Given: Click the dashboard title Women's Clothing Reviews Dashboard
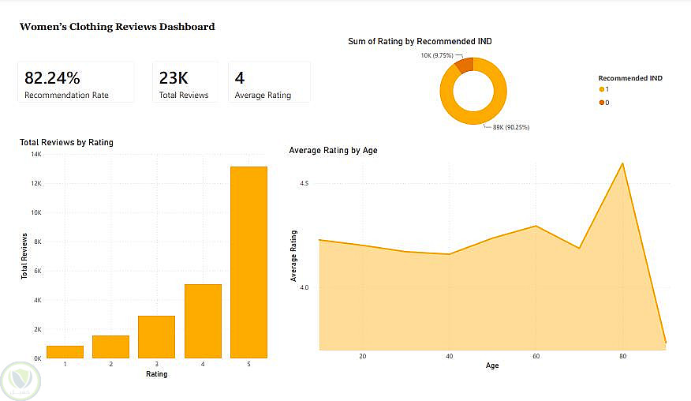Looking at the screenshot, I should [117, 27].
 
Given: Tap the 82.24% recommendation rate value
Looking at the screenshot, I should [52, 77].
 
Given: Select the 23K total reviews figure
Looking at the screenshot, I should [174, 77].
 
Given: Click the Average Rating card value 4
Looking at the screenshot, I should [239, 77].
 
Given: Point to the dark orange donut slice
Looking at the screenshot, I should [465, 65].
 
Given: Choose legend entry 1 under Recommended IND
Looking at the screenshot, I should [603, 90].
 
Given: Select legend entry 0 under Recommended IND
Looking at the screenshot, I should [603, 103].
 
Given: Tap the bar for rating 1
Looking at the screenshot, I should [65, 352].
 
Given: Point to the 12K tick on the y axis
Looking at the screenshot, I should [36, 183].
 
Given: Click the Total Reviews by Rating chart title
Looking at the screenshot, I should [66, 143].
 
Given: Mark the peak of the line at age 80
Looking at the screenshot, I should [623, 163].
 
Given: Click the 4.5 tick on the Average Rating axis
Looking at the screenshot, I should [304, 183].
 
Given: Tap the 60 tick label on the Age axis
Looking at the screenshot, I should [536, 356].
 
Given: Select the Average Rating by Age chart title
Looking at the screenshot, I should [333, 150].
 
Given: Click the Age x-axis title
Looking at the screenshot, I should [492, 365].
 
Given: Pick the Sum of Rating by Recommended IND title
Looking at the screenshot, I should [420, 41].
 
